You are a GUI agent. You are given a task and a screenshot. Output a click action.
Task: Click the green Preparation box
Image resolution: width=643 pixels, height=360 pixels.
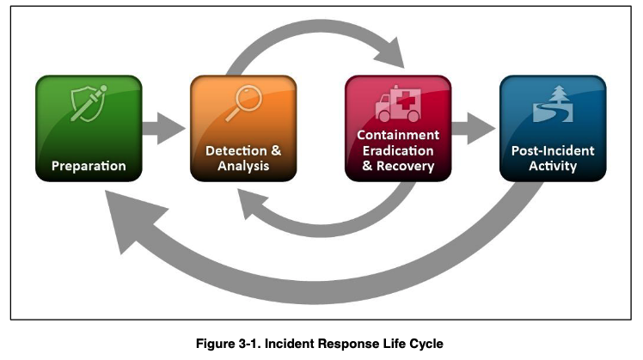point(89,128)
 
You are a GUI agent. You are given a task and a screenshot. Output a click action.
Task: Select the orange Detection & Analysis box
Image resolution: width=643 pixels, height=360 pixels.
point(243,128)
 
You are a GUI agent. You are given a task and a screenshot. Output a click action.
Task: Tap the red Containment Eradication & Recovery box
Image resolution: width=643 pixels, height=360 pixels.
point(397,128)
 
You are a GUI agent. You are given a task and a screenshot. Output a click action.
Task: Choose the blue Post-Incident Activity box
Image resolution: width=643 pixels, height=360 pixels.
point(553,128)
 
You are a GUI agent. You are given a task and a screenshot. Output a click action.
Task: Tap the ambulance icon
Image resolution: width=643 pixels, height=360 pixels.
point(397,104)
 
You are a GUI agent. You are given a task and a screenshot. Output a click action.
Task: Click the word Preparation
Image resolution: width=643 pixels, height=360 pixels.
point(89,165)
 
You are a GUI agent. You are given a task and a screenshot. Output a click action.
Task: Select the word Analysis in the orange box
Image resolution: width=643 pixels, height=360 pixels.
point(243,166)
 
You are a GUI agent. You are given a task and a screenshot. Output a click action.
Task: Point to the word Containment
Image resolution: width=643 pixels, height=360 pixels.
point(398,135)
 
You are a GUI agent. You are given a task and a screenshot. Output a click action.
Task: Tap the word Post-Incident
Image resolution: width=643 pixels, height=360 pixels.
point(553,150)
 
